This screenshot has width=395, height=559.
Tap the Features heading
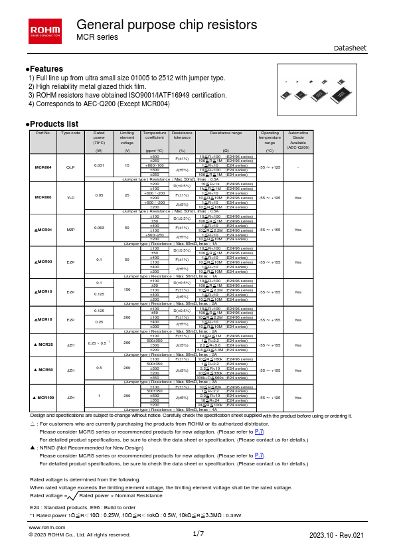(45, 69)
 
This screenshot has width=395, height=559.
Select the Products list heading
(52, 124)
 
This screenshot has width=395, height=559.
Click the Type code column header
(71, 133)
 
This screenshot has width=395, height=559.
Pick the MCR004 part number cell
(42, 166)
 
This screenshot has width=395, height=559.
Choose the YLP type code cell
(71, 198)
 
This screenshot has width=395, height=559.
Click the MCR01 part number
(43, 229)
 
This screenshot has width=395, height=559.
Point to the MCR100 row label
(43, 397)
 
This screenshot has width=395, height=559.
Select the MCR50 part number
(43, 368)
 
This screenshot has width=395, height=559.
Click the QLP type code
(71, 166)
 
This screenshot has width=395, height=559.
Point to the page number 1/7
(198, 534)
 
